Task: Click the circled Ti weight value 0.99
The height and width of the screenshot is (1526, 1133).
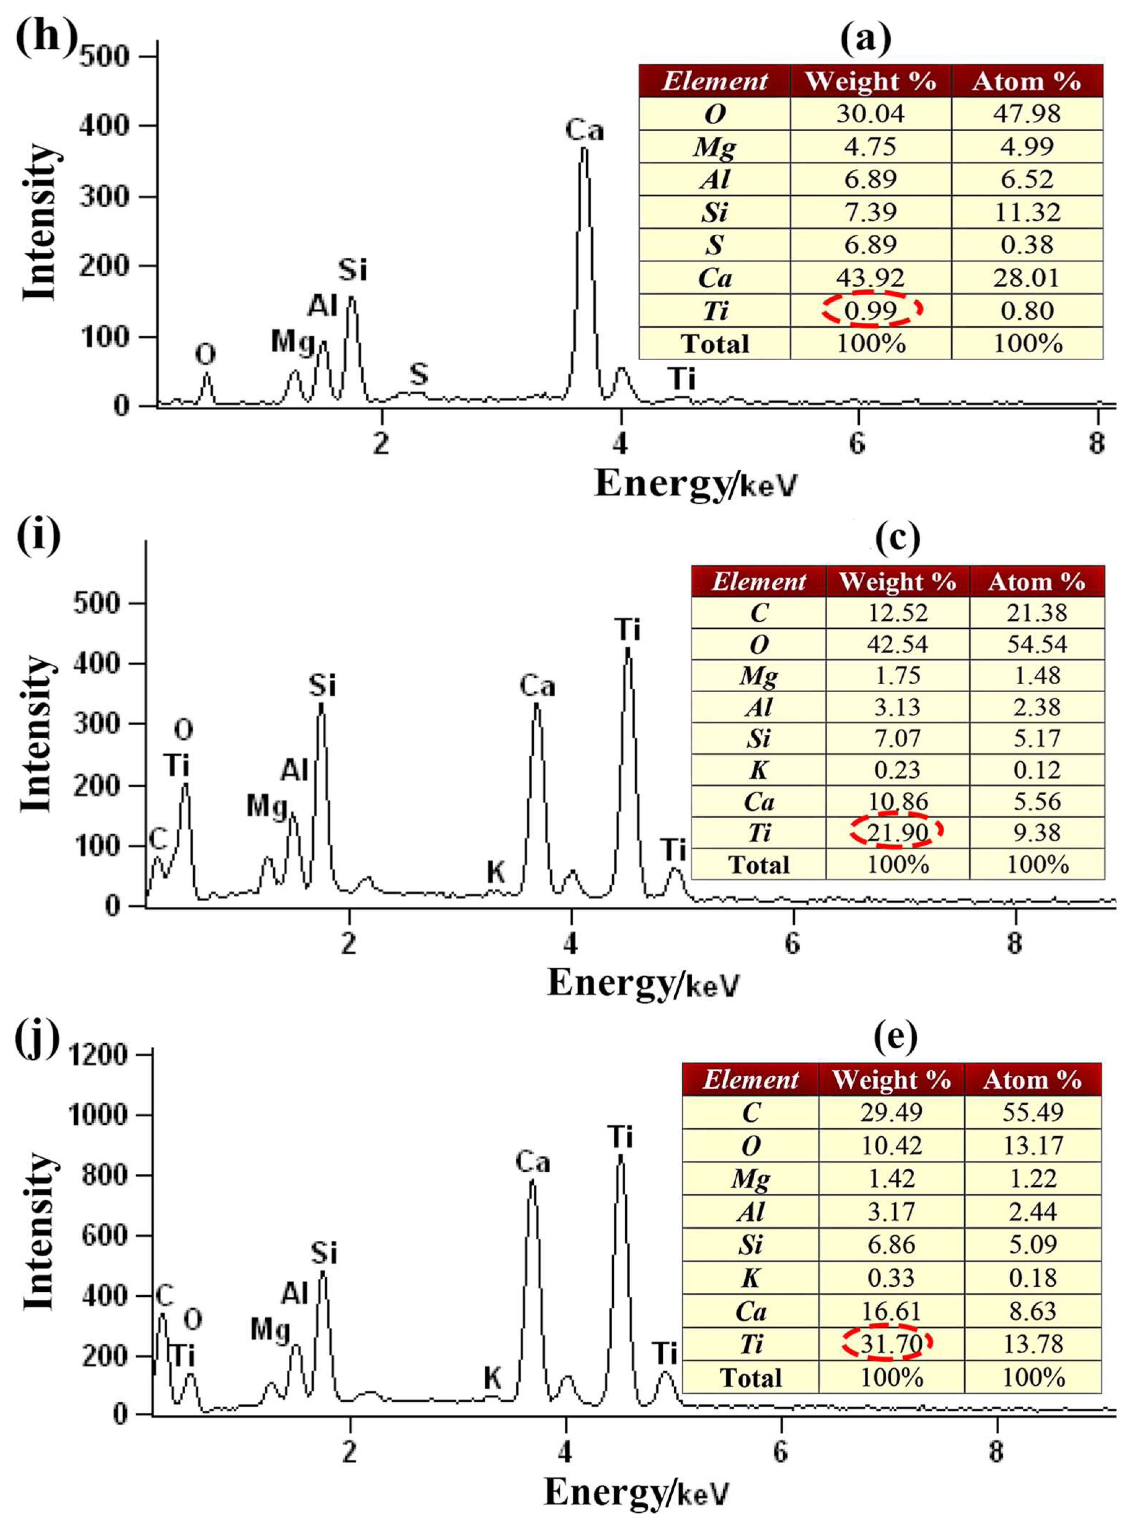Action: click(871, 310)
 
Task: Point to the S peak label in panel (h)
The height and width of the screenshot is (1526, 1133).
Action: click(419, 374)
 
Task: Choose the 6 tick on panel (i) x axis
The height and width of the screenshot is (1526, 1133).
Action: click(792, 944)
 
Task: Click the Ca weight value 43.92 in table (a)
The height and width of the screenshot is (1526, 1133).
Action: click(871, 278)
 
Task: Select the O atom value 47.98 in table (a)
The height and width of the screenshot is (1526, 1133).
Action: click(1027, 113)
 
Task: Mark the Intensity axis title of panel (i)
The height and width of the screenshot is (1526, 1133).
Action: click(36, 734)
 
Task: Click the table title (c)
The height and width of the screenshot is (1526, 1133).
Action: click(897, 540)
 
